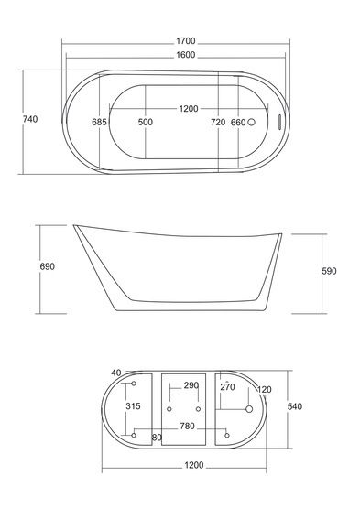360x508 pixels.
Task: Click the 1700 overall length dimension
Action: [x=186, y=41]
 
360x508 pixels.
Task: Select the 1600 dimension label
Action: [x=186, y=55]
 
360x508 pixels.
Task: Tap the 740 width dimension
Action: [x=30, y=119]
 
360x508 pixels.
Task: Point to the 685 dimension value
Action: [x=99, y=122]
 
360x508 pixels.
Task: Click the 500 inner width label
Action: [x=146, y=122]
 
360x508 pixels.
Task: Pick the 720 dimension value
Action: [x=218, y=122]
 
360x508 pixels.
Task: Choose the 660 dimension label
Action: [x=238, y=123]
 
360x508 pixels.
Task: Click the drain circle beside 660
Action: [x=251, y=122]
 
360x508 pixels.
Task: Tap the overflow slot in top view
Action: [x=278, y=122]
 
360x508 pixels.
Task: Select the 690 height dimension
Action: [x=48, y=266]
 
